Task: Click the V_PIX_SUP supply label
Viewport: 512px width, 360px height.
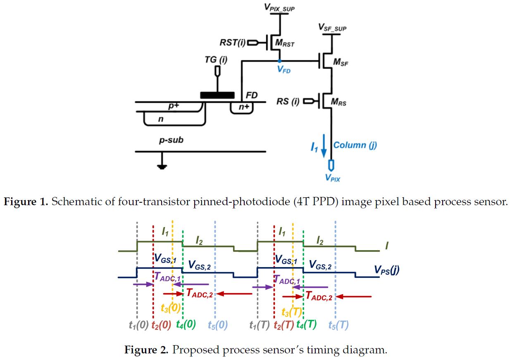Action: tap(280, 7)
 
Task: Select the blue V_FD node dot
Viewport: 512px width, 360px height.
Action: tap(280, 62)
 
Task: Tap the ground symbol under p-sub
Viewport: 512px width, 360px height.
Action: tap(162, 166)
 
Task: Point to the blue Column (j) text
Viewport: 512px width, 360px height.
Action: tap(355, 145)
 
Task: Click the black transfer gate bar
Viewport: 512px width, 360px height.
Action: tap(217, 95)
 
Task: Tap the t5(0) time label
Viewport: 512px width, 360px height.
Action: tap(217, 324)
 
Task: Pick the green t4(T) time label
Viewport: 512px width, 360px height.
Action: tap(306, 324)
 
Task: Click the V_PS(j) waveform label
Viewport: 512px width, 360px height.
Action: tap(386, 270)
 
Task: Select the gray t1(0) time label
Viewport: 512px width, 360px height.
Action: tap(138, 324)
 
